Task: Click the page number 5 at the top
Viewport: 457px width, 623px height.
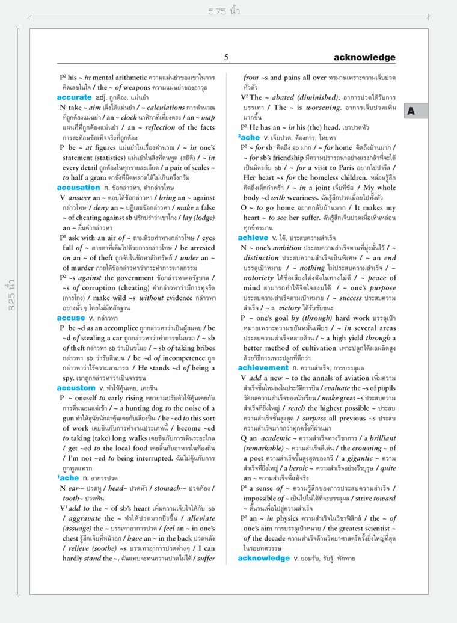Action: [x=226, y=58]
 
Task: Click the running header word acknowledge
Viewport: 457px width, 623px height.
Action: [x=364, y=58]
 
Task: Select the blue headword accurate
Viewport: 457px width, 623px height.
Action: [x=75, y=97]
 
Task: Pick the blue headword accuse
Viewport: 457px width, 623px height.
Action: [x=71, y=317]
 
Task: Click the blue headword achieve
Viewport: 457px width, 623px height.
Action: [x=257, y=238]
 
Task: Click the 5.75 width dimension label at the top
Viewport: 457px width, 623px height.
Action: [x=224, y=11]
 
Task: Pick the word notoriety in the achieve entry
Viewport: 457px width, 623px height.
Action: [x=263, y=278]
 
